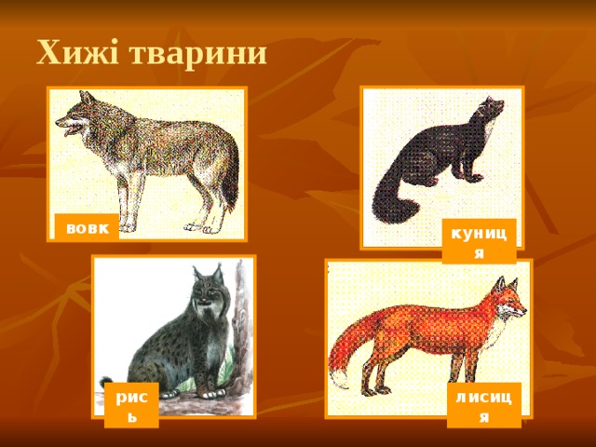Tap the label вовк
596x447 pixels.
coord(86,227)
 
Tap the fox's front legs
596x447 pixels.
coord(468,368)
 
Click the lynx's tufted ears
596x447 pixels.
coord(207,273)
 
